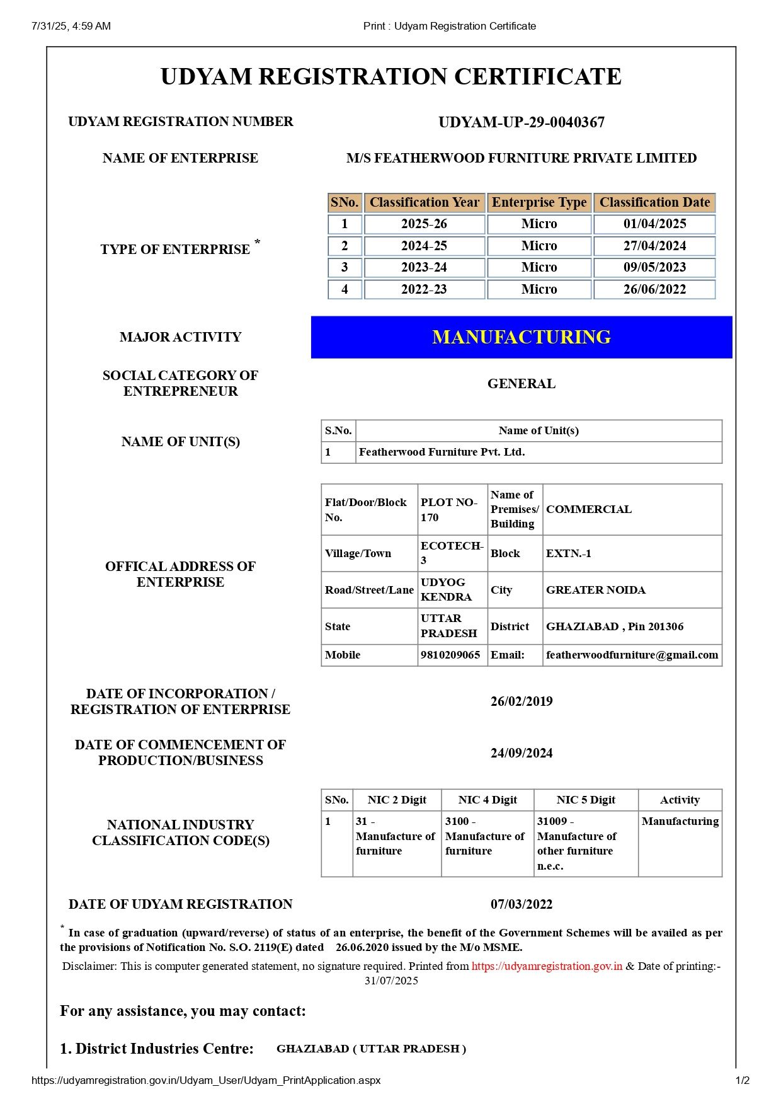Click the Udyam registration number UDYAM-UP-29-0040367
[x=522, y=122]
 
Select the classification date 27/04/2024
[x=654, y=246]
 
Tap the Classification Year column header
[x=424, y=202]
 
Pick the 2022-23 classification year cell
[x=424, y=289]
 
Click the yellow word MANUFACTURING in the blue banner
[x=522, y=337]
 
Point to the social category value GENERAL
[x=522, y=384]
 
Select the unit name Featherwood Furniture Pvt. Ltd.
[x=442, y=452]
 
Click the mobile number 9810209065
[x=450, y=655]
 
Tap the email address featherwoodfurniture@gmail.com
[x=632, y=655]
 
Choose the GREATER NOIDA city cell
[x=596, y=590]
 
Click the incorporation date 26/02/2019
[x=522, y=701]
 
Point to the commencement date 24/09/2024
[x=522, y=753]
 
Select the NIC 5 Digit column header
[x=586, y=800]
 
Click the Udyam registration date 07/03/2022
[x=522, y=904]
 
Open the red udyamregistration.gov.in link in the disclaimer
[x=547, y=966]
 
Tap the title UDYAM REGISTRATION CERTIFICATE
[x=390, y=77]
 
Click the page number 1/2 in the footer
[x=743, y=1080]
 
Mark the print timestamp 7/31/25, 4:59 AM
[x=71, y=26]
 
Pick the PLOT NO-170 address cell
[x=449, y=510]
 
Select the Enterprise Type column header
[x=539, y=202]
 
